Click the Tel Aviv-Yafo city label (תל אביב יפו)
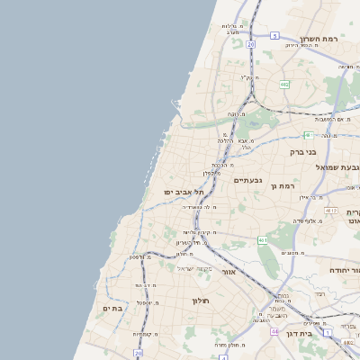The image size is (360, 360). click(x=184, y=193)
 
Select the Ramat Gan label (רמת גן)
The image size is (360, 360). click(x=283, y=185)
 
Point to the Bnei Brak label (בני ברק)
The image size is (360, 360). click(x=303, y=152)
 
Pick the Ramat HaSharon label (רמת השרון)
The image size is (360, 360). click(x=322, y=39)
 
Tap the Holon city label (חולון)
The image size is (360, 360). click(x=200, y=300)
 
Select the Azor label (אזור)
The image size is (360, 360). click(x=228, y=271)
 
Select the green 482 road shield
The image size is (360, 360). click(x=284, y=85)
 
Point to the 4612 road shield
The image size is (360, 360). click(x=332, y=211)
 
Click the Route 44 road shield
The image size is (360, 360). click(x=274, y=332)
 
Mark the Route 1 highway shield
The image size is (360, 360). click(x=328, y=333)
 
